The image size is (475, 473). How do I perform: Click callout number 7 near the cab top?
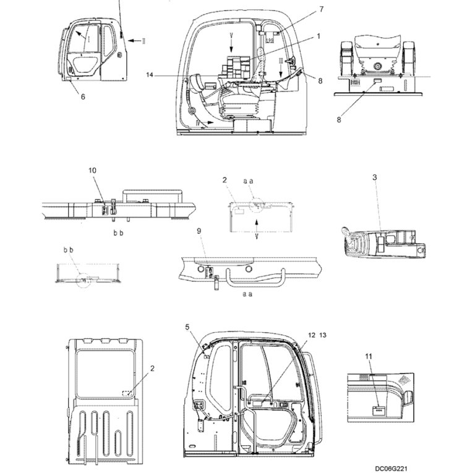[322, 9]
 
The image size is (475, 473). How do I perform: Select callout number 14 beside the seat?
[150, 75]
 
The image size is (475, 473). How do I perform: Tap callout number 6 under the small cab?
[83, 96]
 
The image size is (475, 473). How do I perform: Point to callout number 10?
[92, 170]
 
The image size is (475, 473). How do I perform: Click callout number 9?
[199, 231]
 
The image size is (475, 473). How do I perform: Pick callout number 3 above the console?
[374, 177]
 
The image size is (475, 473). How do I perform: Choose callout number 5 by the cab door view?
[187, 327]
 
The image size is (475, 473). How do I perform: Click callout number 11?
[369, 356]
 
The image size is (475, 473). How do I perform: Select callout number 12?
[312, 335]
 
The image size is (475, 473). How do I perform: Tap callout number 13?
[323, 335]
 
